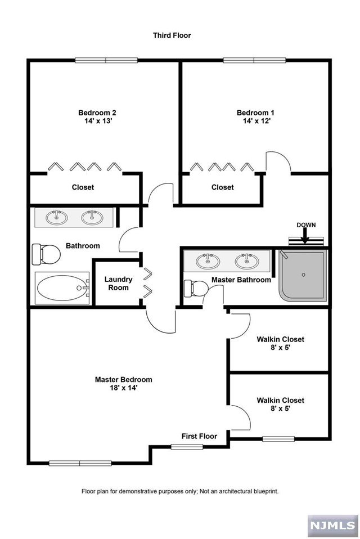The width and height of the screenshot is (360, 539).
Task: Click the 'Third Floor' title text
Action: tap(172, 35)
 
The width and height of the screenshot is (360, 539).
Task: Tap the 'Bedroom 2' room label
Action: tap(97, 112)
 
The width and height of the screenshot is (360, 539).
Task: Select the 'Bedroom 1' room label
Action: tap(255, 112)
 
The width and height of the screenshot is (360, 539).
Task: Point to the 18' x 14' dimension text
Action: tap(123, 388)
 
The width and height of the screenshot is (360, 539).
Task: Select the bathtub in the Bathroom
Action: tap(62, 289)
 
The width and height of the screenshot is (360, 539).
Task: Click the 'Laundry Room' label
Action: tap(118, 284)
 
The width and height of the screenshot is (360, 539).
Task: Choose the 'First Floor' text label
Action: tap(199, 436)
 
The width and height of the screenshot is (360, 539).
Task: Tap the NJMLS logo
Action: tap(332, 525)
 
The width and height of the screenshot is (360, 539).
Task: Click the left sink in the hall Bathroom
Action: tap(56, 217)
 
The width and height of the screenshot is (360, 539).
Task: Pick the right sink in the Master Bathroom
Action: tap(246, 261)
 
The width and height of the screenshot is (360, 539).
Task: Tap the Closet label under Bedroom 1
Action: tap(222, 187)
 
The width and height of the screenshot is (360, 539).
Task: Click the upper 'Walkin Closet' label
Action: tap(280, 339)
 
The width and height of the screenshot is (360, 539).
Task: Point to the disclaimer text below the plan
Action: tap(180, 491)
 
